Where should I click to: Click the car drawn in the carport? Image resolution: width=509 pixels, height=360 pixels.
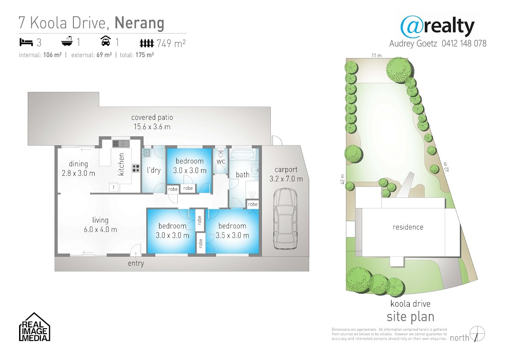point(285,219)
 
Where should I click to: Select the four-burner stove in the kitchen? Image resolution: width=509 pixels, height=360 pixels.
point(136,168)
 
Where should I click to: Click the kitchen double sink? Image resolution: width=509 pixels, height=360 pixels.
point(121,144)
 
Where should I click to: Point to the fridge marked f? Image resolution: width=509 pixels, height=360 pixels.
point(113,187)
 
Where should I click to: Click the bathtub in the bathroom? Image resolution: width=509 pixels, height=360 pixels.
point(243,155)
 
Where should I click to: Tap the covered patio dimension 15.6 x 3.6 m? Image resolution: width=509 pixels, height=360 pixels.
point(152,127)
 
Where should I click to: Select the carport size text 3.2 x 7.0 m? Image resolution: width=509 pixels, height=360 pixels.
point(286,179)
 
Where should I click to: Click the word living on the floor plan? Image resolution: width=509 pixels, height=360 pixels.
point(100,220)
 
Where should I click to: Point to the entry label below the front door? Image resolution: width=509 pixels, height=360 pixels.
point(136,264)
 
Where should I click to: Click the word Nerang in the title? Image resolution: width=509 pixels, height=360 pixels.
point(139,23)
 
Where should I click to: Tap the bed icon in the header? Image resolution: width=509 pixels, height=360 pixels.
point(26,42)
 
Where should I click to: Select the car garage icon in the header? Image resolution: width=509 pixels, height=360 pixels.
point(106,41)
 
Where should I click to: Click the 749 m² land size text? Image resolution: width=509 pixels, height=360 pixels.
point(171,43)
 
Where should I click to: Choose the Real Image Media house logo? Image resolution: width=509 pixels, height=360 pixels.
point(34,327)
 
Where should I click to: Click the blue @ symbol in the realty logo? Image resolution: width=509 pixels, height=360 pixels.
point(411,27)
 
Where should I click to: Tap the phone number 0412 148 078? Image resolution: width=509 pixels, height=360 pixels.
point(464,43)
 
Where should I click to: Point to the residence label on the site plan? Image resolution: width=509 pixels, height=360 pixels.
point(408,227)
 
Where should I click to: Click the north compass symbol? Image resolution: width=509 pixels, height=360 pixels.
point(478,334)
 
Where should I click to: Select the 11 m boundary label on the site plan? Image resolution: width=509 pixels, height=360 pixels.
point(377,55)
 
